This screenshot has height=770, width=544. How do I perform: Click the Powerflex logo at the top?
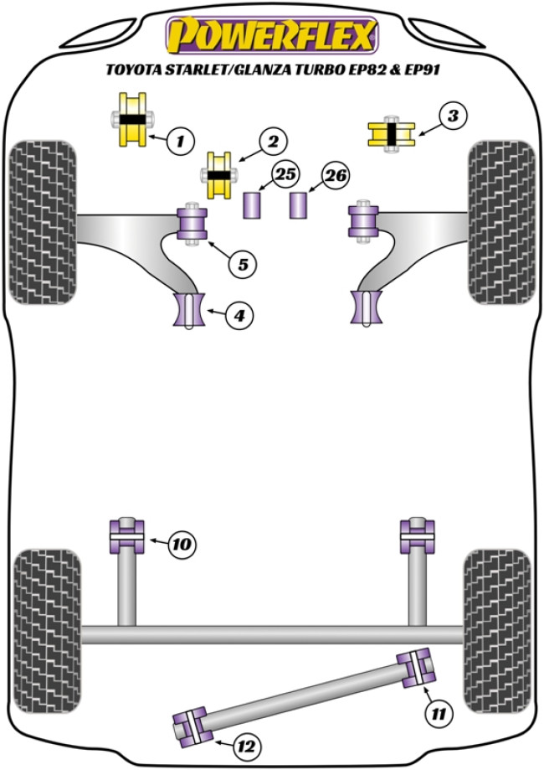tap(272, 34)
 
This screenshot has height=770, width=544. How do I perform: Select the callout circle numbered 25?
tap(285, 176)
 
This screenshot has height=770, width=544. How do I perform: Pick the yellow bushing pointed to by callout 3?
tap(392, 134)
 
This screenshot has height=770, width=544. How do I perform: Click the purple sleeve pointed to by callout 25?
tap(254, 205)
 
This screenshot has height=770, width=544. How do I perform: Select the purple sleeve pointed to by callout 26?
tap(300, 205)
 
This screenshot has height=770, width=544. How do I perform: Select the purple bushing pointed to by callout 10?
tap(126, 536)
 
